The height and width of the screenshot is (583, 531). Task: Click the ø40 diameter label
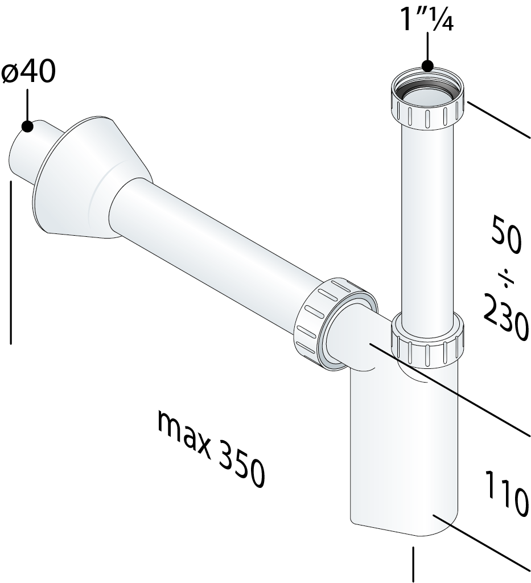[28, 72]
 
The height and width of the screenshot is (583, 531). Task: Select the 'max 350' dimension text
[211, 449]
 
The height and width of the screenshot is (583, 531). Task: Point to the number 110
[506, 493]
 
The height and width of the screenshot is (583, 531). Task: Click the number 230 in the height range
[507, 316]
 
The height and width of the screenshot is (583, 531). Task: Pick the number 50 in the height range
[506, 236]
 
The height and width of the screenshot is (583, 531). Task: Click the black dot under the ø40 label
[27, 126]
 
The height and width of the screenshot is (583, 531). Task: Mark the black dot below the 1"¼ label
[427, 66]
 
